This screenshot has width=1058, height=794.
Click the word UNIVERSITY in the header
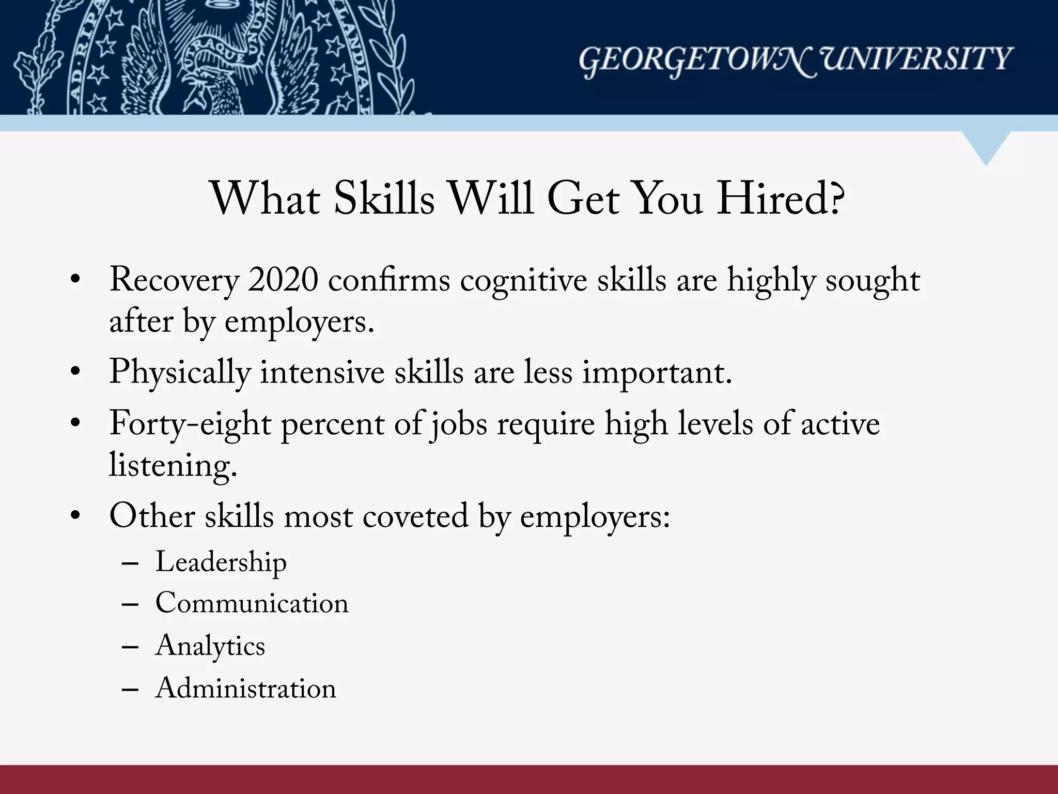pyautogui.click(x=917, y=59)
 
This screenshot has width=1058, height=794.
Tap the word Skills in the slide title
pyautogui.click(x=384, y=199)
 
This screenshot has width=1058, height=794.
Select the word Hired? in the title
pyautogui.click(x=780, y=199)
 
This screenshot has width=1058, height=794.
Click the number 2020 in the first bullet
pyautogui.click(x=283, y=281)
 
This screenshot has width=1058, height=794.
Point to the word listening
pyautogui.click(x=173, y=465)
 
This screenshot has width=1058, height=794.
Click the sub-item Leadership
pyautogui.click(x=221, y=562)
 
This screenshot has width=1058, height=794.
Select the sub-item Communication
pyautogui.click(x=252, y=604)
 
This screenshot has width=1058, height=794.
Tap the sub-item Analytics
pyautogui.click(x=210, y=646)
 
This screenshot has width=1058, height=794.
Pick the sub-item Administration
pyautogui.click(x=245, y=689)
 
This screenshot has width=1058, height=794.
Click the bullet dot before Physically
pyautogui.click(x=76, y=372)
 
